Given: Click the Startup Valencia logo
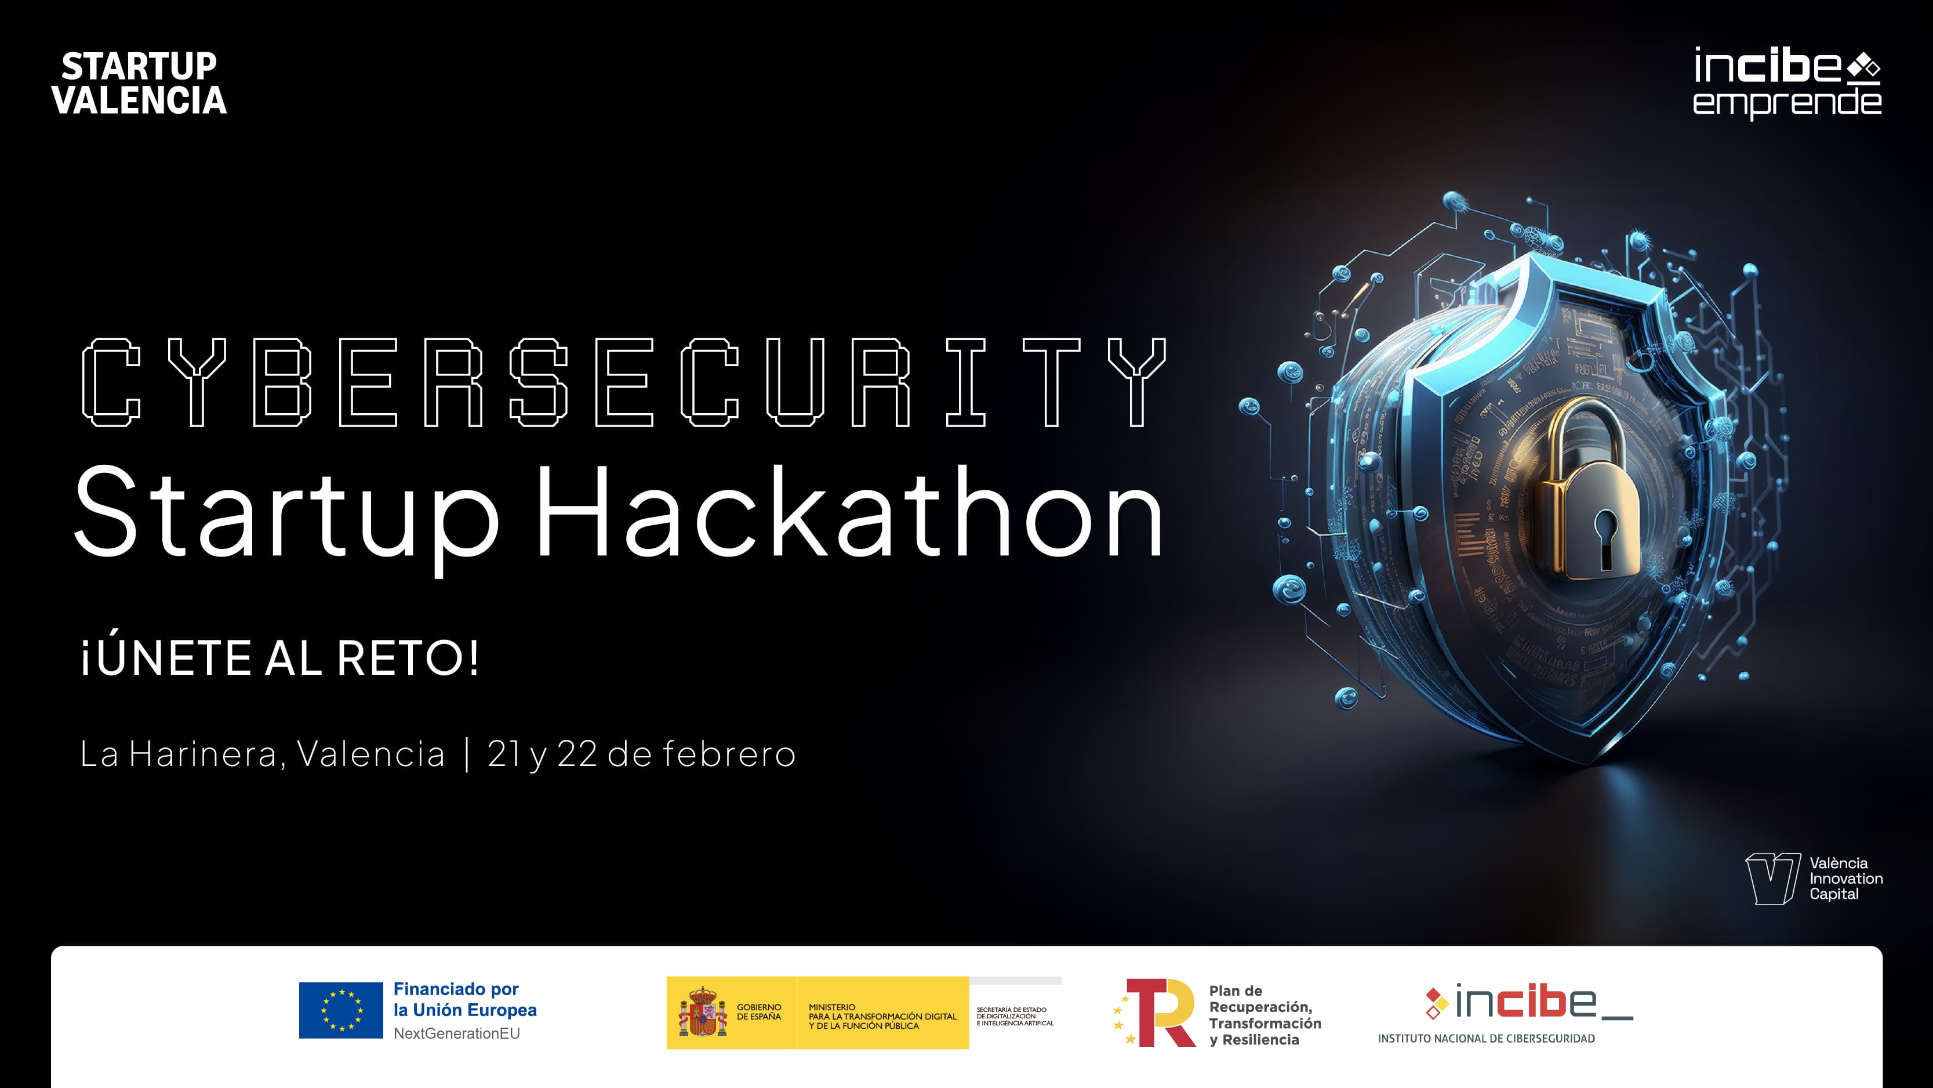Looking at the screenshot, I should [x=139, y=84].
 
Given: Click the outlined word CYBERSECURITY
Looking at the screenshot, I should [x=624, y=382].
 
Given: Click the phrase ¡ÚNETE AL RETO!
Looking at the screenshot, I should [x=279, y=658].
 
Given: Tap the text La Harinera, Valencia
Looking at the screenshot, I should [x=263, y=754].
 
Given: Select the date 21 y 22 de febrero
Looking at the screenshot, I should [x=642, y=754].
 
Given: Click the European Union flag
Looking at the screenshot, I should [x=341, y=1010].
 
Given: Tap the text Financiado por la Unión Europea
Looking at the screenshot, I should [x=464, y=999].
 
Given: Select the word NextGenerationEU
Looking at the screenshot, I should [x=456, y=1034].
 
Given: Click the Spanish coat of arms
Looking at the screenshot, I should [x=702, y=1012].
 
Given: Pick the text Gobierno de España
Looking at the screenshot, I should [x=758, y=1012].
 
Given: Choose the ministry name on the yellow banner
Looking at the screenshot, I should [x=882, y=1017].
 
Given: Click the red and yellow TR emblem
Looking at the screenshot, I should [x=1156, y=1012].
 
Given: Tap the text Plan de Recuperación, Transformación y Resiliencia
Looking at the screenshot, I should [x=1265, y=1015].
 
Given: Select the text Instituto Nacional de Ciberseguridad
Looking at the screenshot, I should [x=1486, y=1039].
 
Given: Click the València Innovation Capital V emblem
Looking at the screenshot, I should [x=1772, y=879].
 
